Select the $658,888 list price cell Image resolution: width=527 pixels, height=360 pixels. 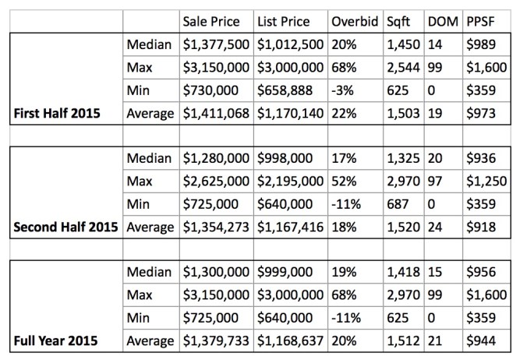coord(286,91)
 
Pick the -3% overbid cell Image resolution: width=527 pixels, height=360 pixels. coord(343,91)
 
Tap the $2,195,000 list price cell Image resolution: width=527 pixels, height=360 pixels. coord(293,182)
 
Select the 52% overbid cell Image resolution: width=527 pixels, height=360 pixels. coord(344,182)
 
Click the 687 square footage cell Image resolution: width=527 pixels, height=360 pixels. coord(399,204)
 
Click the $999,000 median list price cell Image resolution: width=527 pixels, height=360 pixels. coord(286,272)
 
